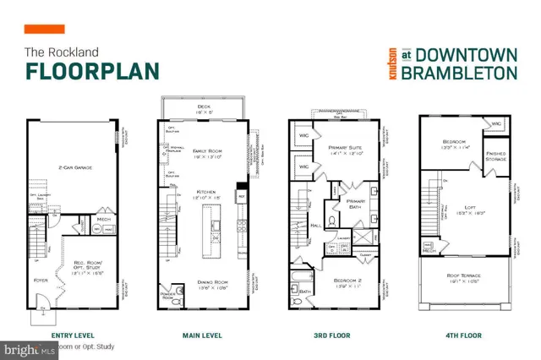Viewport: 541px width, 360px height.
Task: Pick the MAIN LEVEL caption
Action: [202, 335]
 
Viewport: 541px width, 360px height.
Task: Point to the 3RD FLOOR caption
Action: [332, 335]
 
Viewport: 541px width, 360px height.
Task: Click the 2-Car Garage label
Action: [75, 168]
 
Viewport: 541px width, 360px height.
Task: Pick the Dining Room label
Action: [202, 283]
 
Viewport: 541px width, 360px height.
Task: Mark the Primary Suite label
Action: [345, 147]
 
